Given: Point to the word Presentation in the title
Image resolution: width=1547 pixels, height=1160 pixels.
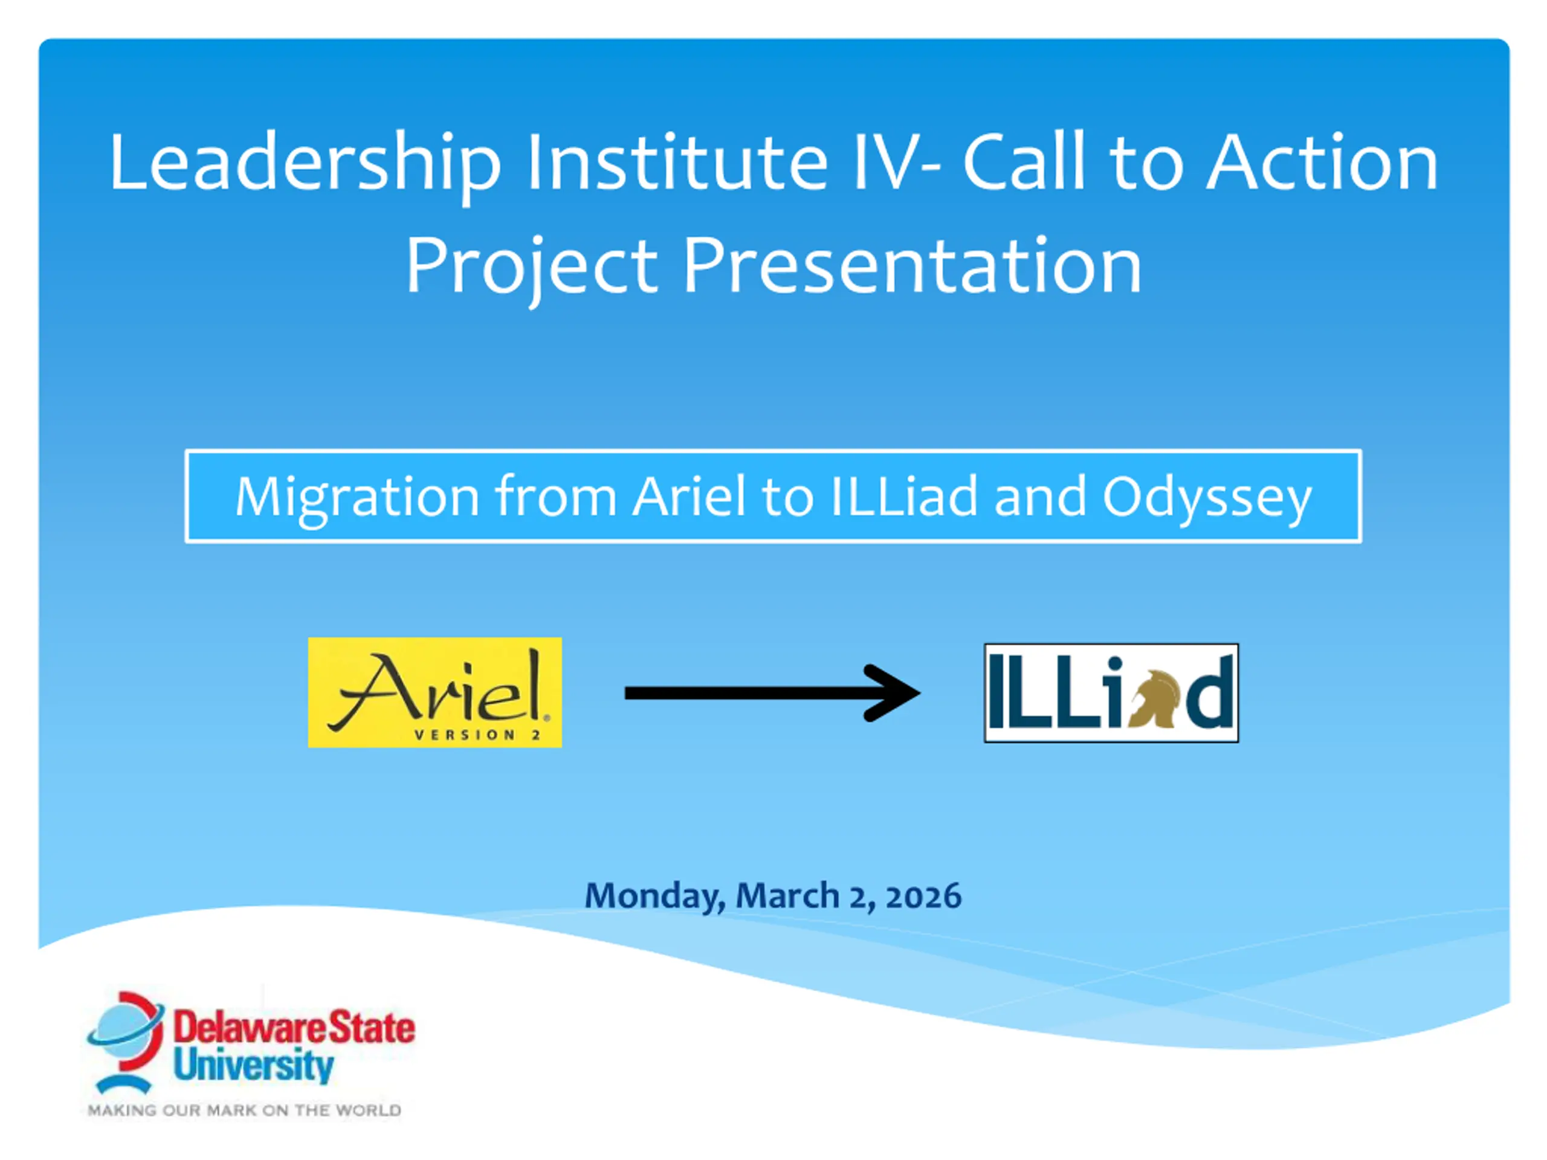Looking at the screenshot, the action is coord(912,266).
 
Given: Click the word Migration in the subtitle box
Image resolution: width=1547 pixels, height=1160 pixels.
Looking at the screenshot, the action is coord(357,498).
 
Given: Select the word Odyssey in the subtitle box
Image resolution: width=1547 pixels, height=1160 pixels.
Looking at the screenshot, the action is coord(1207,498).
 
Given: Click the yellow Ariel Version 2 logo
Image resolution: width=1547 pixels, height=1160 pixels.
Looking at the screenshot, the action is coord(435,692).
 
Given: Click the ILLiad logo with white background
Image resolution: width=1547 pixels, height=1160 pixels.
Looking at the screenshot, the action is coord(1111,693).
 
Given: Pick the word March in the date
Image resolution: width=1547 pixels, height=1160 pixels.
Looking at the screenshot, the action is coord(787,896).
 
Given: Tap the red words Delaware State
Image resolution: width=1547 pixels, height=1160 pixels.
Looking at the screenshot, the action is coord(294,1028).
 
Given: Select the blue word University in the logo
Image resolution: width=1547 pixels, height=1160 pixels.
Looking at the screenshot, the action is coord(254,1066).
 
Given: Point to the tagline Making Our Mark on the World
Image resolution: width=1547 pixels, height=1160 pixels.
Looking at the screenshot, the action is coord(244,1110).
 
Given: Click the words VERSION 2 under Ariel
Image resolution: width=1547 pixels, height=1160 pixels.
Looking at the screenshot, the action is coord(477,735).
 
